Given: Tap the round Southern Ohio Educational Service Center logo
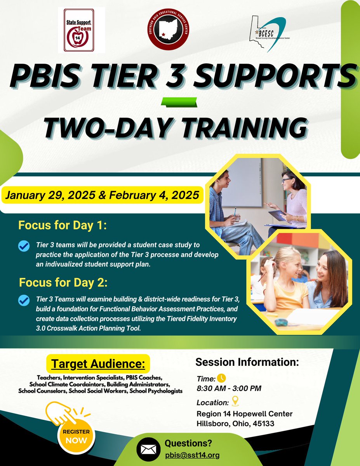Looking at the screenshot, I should point(169,31).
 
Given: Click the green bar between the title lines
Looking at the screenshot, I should point(179,103).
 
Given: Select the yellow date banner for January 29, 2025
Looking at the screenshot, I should point(103,195).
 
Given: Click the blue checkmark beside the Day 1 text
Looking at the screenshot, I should point(24,246).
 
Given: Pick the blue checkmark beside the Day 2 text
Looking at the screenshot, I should point(24,300).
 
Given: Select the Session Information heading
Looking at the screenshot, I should point(247,362).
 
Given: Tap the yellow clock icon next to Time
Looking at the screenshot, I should point(221,378).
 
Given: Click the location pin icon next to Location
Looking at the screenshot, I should point(235,402).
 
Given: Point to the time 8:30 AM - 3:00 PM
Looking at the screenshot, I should point(229,388).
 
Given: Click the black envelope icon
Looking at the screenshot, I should point(148,450).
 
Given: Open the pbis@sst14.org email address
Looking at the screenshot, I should point(192,455).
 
